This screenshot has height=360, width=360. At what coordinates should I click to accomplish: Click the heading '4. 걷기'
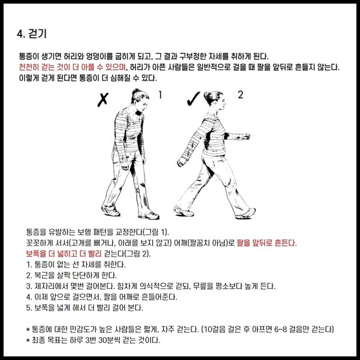(32, 34)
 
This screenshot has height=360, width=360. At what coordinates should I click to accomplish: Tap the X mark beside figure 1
(103, 100)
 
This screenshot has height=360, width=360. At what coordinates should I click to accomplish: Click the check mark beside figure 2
(193, 99)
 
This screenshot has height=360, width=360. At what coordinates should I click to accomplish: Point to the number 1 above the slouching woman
(160, 95)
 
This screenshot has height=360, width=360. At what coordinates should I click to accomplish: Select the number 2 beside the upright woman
(240, 95)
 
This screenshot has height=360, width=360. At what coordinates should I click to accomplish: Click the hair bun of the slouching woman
(136, 91)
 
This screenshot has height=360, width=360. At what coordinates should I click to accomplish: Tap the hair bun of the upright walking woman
(206, 95)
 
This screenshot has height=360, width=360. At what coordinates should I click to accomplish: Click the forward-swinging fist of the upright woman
(246, 137)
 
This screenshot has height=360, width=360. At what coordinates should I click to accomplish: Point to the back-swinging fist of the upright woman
(182, 162)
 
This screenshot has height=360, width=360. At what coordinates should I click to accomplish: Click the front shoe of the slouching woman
(151, 216)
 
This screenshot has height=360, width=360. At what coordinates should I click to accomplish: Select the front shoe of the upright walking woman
(245, 214)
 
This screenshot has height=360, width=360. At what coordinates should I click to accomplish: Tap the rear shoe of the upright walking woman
(183, 211)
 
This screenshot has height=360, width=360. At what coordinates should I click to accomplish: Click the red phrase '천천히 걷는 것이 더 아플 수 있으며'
(73, 67)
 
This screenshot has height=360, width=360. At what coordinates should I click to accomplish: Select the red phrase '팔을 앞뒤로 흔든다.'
(266, 243)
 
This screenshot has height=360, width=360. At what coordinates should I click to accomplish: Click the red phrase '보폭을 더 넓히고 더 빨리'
(64, 254)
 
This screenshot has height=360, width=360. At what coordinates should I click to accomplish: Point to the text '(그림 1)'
(156, 232)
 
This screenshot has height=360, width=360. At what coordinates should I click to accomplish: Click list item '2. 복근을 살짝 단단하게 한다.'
(71, 275)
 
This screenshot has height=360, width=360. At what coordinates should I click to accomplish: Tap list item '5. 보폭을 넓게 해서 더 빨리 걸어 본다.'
(85, 308)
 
